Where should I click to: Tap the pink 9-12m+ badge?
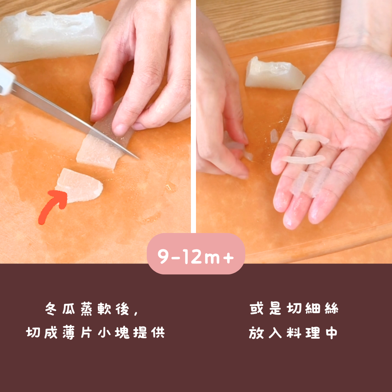(196, 253)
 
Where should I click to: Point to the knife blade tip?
(138, 158)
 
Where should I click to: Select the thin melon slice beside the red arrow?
(79, 185)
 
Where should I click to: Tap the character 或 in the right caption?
(257, 308)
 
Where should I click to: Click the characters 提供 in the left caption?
(149, 332)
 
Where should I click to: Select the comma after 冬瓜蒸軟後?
(136, 313)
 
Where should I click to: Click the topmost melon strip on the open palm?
(310, 137)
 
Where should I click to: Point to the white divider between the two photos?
(193, 116)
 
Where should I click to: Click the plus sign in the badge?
(228, 257)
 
